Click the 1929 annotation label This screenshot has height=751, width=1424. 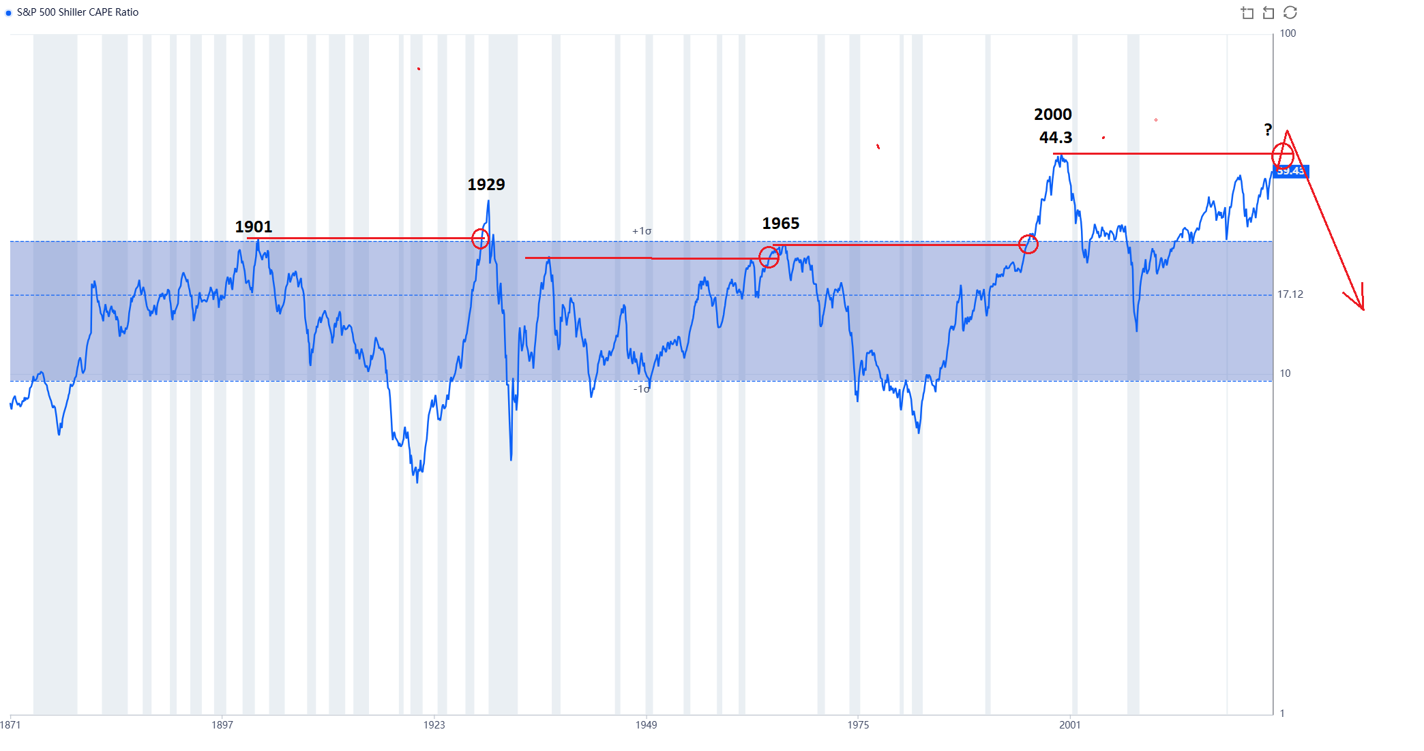[486, 185]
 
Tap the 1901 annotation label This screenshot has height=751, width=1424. [253, 227]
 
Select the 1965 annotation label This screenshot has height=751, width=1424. [780, 224]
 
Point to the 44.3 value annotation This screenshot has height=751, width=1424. [1055, 138]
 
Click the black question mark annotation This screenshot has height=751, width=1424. [1267, 129]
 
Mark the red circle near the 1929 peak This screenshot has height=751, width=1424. [480, 239]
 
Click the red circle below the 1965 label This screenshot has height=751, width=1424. [769, 258]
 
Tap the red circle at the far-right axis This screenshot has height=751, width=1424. [1282, 155]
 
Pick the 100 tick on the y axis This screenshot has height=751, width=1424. [1288, 33]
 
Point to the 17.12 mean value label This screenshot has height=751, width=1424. [1290, 294]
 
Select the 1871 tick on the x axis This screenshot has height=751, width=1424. [10, 725]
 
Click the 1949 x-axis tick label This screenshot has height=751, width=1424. [646, 725]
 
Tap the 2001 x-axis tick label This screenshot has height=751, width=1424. [1069, 725]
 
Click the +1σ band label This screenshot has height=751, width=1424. [641, 231]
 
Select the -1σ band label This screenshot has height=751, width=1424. [641, 389]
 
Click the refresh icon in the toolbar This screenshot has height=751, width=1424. [1290, 13]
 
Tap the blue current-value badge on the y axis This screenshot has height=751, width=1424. [1291, 171]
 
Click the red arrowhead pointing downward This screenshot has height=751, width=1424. [1361, 304]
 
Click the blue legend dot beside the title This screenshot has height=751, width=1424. [9, 13]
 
